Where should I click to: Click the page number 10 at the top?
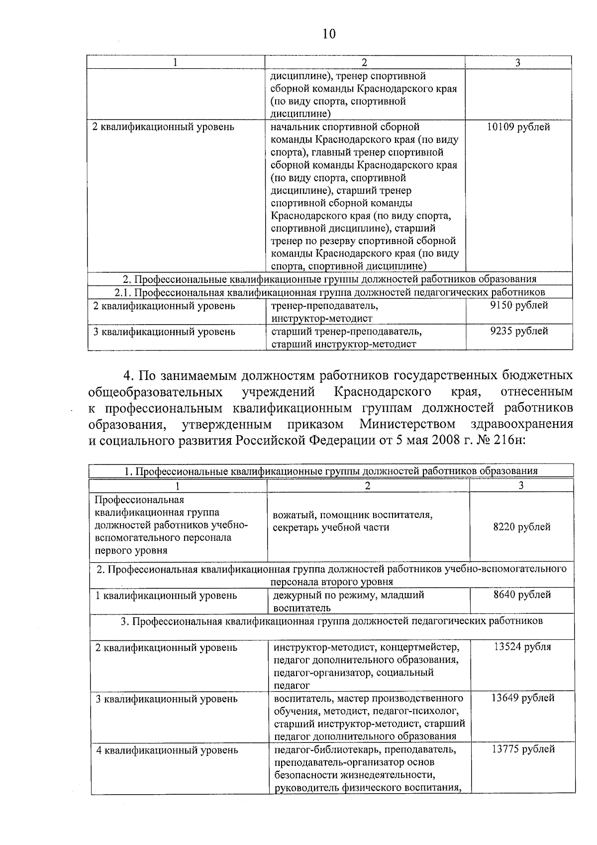tap(329, 34)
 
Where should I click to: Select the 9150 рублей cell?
tap(519, 305)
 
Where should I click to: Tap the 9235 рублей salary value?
tap(519, 331)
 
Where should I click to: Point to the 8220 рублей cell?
tap(521, 527)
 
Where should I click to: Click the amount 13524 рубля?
tap(522, 647)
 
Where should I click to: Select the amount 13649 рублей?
tap(522, 698)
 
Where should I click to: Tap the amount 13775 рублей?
tap(523, 749)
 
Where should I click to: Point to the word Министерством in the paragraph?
tap(407, 425)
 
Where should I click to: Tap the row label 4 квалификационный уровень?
tap(167, 750)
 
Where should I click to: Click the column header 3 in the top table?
tap(518, 63)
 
